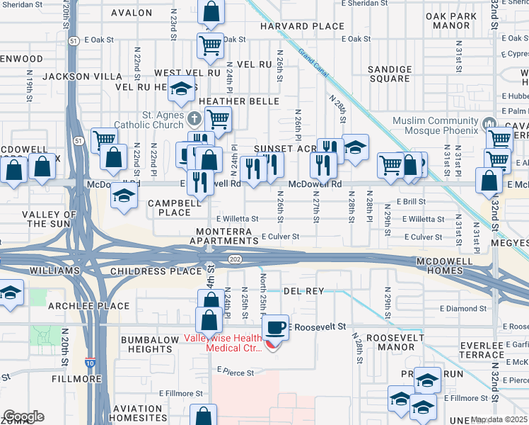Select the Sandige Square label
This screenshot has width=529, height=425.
click(390, 74)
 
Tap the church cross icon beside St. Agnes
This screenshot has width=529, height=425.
click(195, 117)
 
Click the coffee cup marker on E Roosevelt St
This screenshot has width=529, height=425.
click(275, 327)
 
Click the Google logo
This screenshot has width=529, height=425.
click(23, 416)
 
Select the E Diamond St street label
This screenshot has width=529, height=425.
click(463, 309)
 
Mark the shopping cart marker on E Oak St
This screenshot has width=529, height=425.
click(211, 46)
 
